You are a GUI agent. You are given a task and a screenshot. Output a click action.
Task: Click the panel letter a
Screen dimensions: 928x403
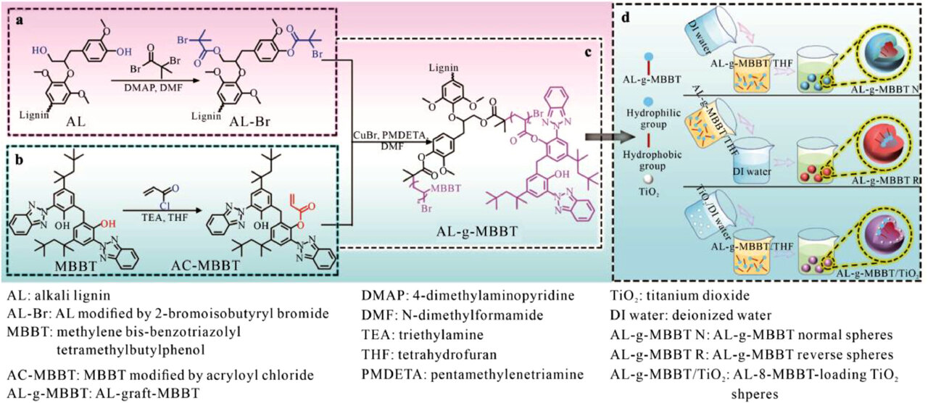pos(19,21)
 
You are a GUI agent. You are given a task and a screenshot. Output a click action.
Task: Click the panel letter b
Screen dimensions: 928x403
pos(18,159)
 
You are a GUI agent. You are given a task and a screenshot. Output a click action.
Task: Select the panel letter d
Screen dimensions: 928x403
pos(625,19)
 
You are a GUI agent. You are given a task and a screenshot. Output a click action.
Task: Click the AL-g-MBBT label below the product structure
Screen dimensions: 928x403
pos(477,231)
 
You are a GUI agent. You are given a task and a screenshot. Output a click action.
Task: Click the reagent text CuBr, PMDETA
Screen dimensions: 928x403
pos(389,135)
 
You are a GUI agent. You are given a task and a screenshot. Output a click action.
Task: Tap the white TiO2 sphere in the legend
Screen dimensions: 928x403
pos(647,179)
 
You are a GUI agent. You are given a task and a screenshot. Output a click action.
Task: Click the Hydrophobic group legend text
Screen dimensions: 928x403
pos(652,160)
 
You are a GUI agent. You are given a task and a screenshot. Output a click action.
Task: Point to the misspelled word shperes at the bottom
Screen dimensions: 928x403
pos(755,393)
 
